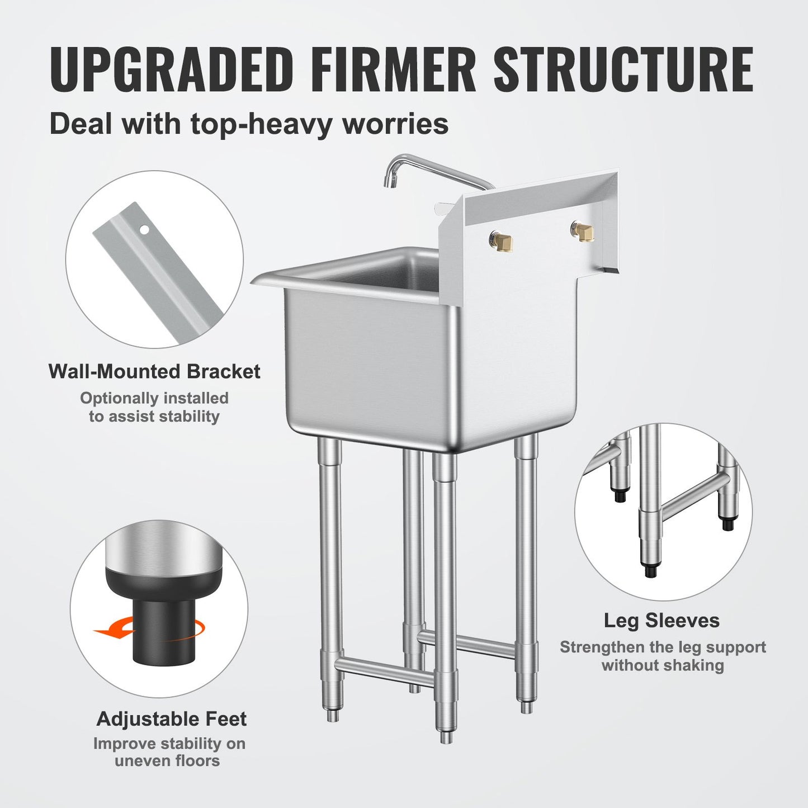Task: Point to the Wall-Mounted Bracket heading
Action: [x=154, y=372]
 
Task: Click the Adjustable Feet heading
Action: [x=171, y=719]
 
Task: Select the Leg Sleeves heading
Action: [x=661, y=621]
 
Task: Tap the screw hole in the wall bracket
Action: [x=145, y=229]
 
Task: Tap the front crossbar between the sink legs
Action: [x=386, y=670]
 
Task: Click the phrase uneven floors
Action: [x=167, y=761]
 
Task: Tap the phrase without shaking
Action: [x=663, y=665]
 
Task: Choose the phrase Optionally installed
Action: [x=154, y=398]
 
